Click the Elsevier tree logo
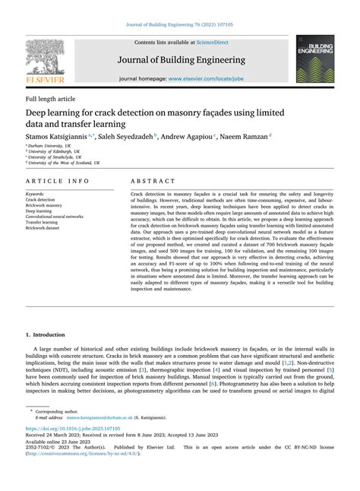pyautogui.click(x=45, y=59)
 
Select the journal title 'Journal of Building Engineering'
pyautogui.click(x=180, y=59)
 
